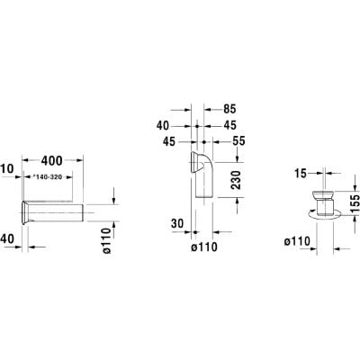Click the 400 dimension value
tap(52, 161)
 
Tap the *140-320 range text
tap(47, 177)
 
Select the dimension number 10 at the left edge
tap(7, 169)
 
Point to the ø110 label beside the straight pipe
tap(106, 241)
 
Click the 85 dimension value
tap(229, 109)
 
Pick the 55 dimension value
tap(238, 141)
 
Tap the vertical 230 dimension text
tap(237, 180)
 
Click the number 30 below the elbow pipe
tap(177, 223)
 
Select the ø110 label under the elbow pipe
tap(204, 247)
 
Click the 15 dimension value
tap(301, 174)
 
